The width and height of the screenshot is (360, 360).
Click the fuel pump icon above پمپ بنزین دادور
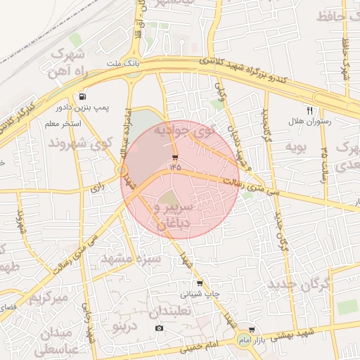coord(84,96)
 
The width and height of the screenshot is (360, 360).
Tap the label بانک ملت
coord(119,63)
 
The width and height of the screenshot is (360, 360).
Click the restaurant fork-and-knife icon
coord(309,110)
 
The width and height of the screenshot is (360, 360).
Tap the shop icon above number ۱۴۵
coord(174,157)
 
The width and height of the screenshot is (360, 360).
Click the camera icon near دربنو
coord(159,328)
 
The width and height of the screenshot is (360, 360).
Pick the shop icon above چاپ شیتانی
coord(200,283)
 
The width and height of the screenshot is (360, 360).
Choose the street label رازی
coord(97,188)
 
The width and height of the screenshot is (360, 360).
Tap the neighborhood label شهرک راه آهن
coord(67,63)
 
